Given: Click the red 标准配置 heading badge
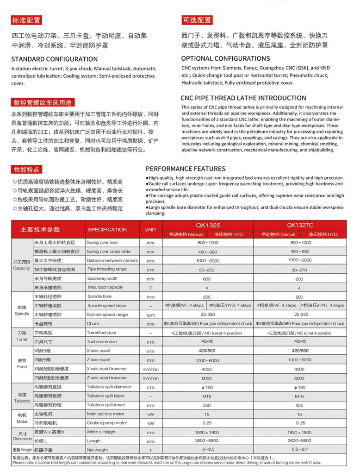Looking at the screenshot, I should (26, 20).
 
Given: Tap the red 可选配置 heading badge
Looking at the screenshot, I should (197, 20).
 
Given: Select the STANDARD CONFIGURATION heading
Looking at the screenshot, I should (54, 59).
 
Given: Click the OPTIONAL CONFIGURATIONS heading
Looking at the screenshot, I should (225, 59).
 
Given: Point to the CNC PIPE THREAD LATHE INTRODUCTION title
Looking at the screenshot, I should (243, 98).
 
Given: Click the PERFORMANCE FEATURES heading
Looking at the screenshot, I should (186, 169).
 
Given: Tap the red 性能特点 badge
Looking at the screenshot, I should (27, 170).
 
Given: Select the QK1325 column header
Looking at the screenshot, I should (208, 226).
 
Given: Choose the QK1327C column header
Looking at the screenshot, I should (299, 226).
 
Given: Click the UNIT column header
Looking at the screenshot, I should (151, 229).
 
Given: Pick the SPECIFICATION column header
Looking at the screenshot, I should (107, 229).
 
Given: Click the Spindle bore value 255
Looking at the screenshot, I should (207, 297).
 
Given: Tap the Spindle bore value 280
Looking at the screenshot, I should (299, 297).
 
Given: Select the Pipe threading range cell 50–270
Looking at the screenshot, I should (299, 269).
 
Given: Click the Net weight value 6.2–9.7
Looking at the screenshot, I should (299, 450).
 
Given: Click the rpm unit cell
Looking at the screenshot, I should (151, 315).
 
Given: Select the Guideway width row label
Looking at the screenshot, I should (103, 278).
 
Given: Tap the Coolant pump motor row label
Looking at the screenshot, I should (107, 423).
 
